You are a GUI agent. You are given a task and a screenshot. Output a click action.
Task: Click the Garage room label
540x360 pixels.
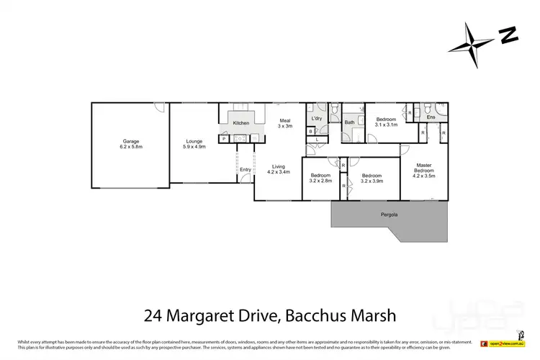click(131, 141)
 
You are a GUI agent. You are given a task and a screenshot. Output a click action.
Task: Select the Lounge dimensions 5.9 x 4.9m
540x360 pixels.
click(194, 147)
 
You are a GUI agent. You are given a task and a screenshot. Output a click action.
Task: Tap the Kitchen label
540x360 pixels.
click(240, 123)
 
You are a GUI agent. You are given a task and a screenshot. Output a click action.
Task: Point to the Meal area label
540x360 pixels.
click(284, 120)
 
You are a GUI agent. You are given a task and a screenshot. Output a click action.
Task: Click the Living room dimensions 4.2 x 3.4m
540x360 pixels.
click(279, 172)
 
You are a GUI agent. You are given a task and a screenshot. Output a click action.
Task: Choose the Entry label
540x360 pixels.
click(246, 170)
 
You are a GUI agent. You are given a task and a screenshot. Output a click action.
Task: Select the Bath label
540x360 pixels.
click(349, 122)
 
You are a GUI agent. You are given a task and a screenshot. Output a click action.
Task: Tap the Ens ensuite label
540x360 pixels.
click(431, 117)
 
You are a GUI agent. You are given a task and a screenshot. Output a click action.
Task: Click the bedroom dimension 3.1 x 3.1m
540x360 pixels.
click(386, 125)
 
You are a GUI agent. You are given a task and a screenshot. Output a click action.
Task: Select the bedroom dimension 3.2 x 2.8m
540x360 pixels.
click(320, 181)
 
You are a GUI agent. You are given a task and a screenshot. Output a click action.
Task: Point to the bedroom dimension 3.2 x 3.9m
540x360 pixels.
click(372, 181)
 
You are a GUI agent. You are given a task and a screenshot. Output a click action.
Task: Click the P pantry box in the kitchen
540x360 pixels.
click(224, 138)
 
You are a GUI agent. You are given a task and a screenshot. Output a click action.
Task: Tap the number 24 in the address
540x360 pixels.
click(152, 315)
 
